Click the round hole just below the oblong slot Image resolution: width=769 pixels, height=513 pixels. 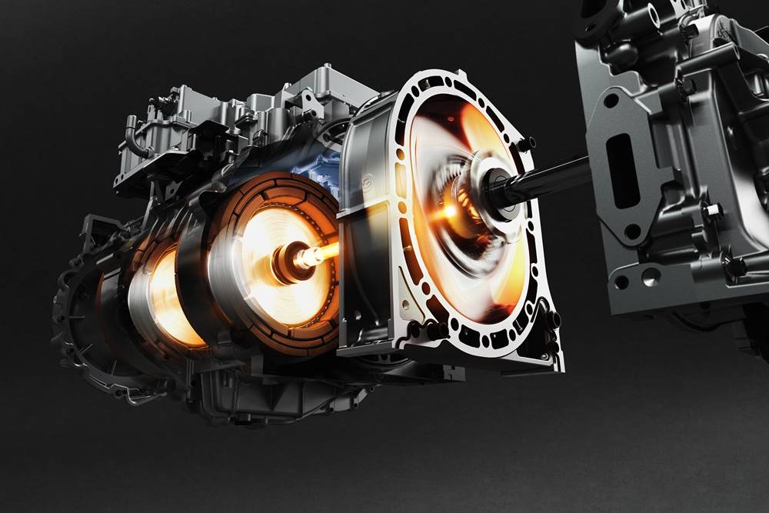pos(632,231)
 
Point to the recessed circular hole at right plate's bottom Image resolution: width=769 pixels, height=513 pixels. pos(650,277)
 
